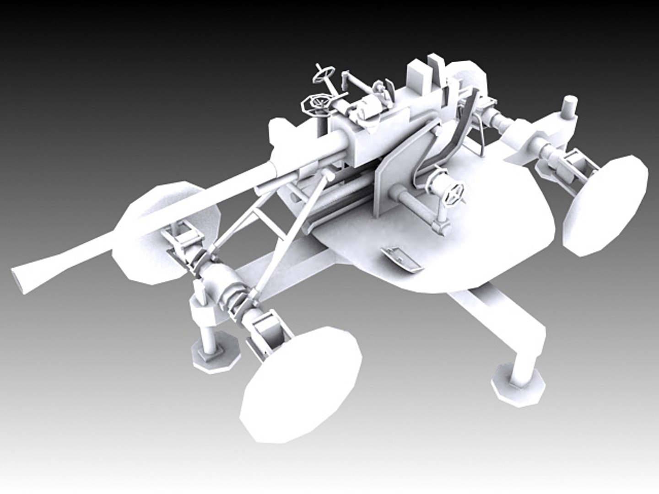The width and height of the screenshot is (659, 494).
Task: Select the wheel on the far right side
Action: (605, 204)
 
